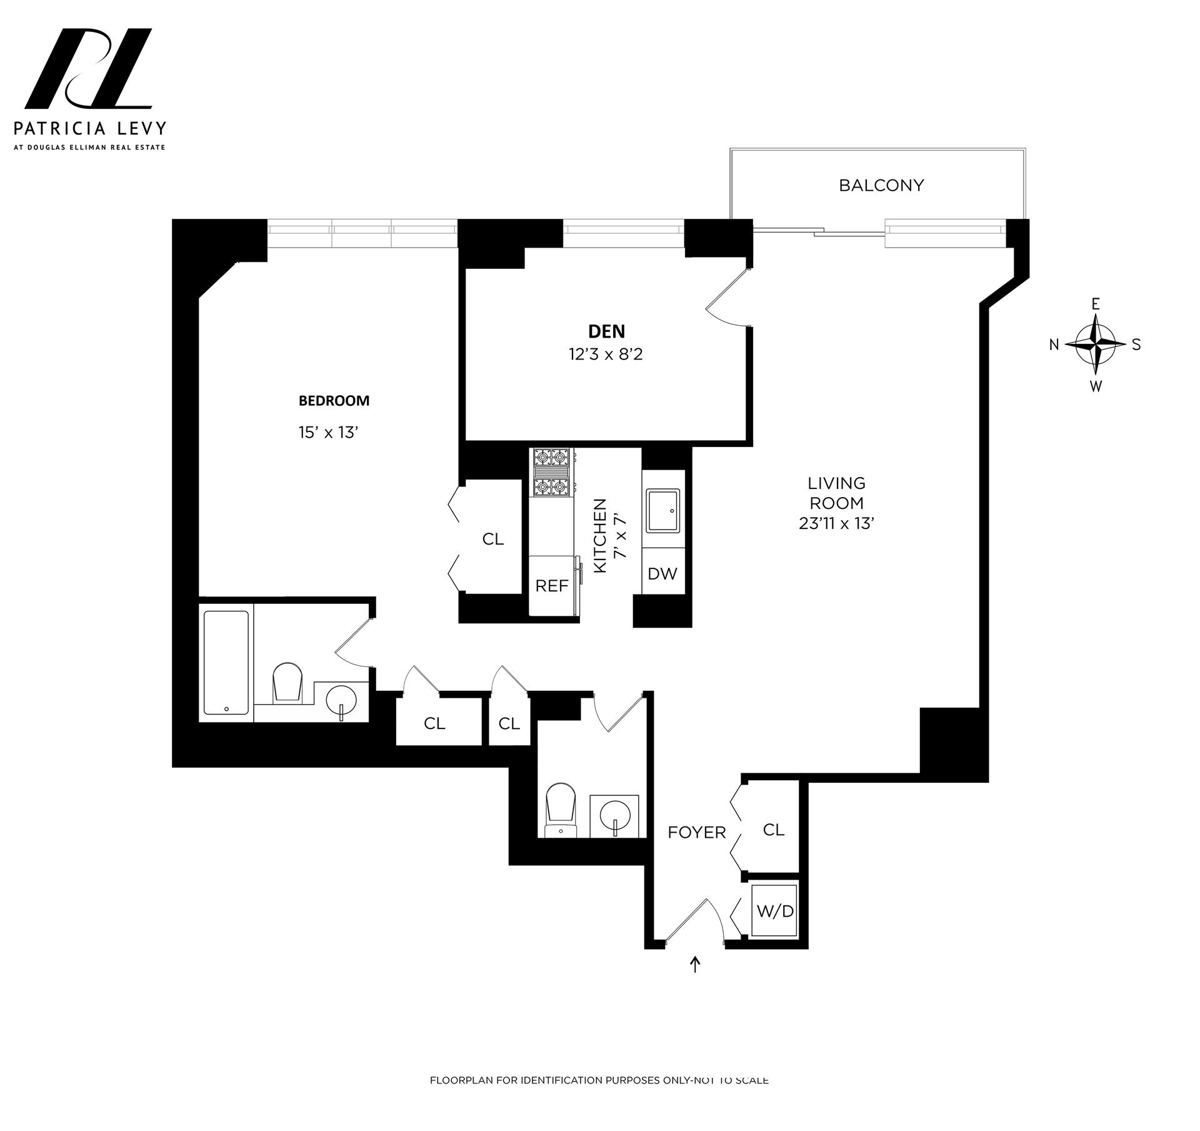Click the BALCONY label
point(881,186)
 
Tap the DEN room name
point(606,331)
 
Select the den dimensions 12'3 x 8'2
point(606,354)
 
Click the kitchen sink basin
point(663,511)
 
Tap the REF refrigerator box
point(552,586)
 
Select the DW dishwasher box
point(662,573)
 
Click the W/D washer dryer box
point(774,911)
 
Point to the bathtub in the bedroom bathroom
point(226,663)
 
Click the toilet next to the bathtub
point(287,682)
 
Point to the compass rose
point(1096,344)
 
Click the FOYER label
point(696,832)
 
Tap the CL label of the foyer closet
point(773,830)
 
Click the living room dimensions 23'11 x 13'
point(836,523)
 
